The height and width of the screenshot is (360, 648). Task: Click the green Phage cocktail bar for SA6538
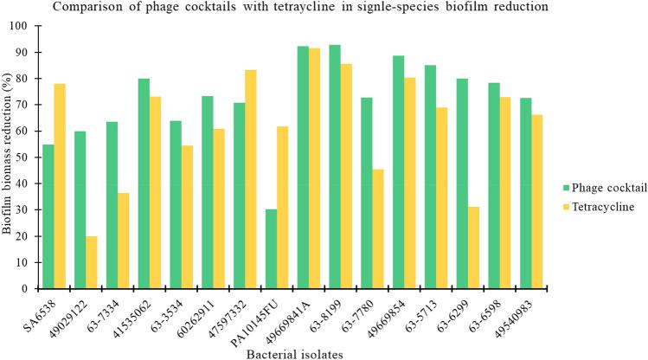pos(48,216)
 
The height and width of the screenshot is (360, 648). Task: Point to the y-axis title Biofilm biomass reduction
pos(9,157)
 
